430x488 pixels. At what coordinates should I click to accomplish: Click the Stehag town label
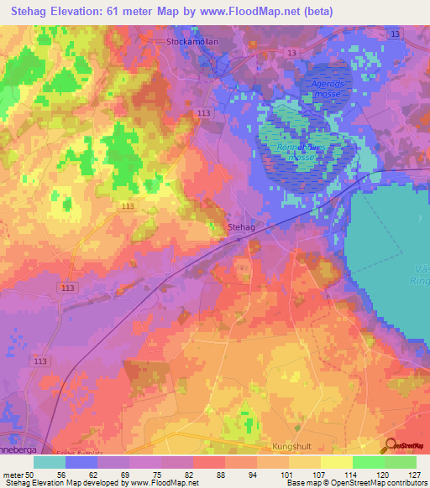tap(242, 226)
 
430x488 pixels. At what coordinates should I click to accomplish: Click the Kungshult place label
tap(292, 448)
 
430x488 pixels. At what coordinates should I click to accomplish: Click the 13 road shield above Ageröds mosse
tap(291, 53)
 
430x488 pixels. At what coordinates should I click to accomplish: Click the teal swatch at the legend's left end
tap(50, 461)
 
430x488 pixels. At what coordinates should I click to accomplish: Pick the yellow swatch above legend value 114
tap(337, 461)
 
